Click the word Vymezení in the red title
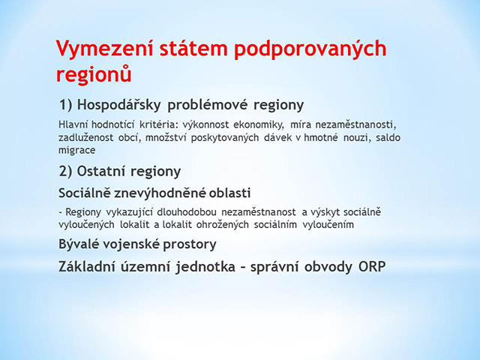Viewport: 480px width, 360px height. [x=104, y=49]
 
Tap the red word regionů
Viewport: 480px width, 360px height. [x=94, y=75]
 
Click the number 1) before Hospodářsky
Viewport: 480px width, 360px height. [x=65, y=105]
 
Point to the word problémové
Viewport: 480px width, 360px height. [x=208, y=105]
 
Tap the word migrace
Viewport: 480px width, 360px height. [x=76, y=151]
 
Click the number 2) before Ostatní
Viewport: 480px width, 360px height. [x=65, y=171]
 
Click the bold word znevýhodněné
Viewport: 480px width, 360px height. [x=160, y=193]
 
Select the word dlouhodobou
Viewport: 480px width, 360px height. [x=187, y=211]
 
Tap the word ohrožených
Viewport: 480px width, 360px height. [x=222, y=225]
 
